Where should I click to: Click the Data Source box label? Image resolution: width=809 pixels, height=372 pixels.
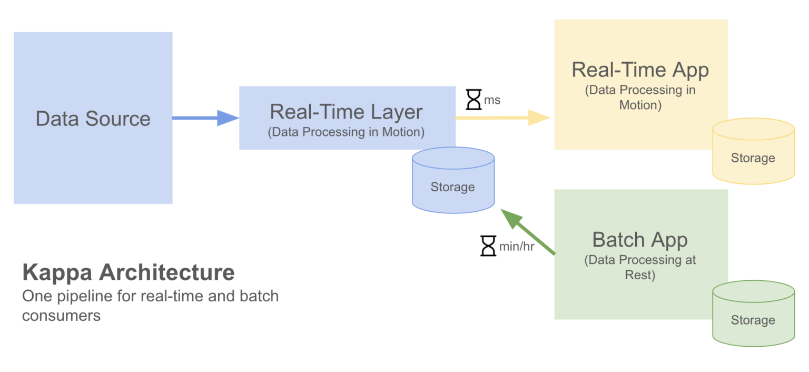pyautogui.click(x=93, y=119)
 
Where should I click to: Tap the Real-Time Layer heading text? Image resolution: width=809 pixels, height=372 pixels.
pyautogui.click(x=346, y=112)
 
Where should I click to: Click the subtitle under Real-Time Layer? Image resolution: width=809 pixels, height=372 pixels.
pyautogui.click(x=346, y=132)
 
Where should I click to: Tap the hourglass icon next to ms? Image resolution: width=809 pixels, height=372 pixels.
pyautogui.click(x=474, y=99)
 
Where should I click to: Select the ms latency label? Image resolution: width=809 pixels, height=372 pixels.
pyautogui.click(x=492, y=100)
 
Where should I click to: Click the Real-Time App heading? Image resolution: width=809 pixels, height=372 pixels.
pyautogui.click(x=640, y=70)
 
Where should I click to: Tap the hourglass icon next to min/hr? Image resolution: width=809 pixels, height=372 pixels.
pyautogui.click(x=488, y=246)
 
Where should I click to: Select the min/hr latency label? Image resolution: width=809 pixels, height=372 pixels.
pyautogui.click(x=517, y=246)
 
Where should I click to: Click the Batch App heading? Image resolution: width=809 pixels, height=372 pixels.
pyautogui.click(x=640, y=239)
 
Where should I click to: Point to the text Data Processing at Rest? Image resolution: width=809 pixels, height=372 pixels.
pyautogui.click(x=640, y=267)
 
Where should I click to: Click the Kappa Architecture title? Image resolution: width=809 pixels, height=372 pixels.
pyautogui.click(x=128, y=272)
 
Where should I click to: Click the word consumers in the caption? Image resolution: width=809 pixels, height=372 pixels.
pyautogui.click(x=61, y=316)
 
